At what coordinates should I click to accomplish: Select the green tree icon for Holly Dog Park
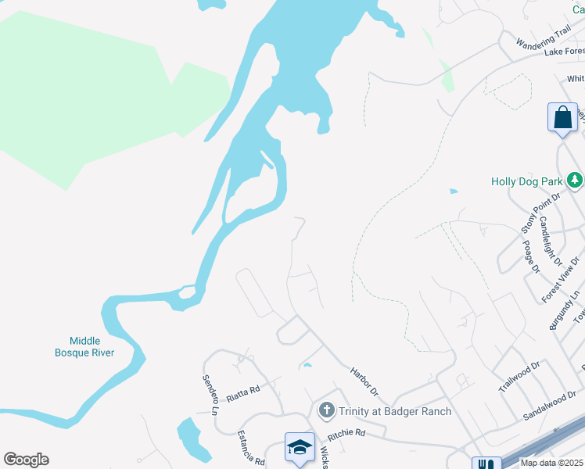(575, 181)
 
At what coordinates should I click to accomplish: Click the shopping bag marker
(562, 118)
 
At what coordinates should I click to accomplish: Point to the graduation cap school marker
(300, 447)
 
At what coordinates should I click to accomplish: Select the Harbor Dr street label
(364, 381)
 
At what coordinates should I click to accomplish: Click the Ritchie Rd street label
(346, 432)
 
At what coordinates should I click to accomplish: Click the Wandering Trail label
(543, 37)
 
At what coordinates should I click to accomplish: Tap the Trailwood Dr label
(519, 377)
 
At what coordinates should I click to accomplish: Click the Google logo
(26, 460)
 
